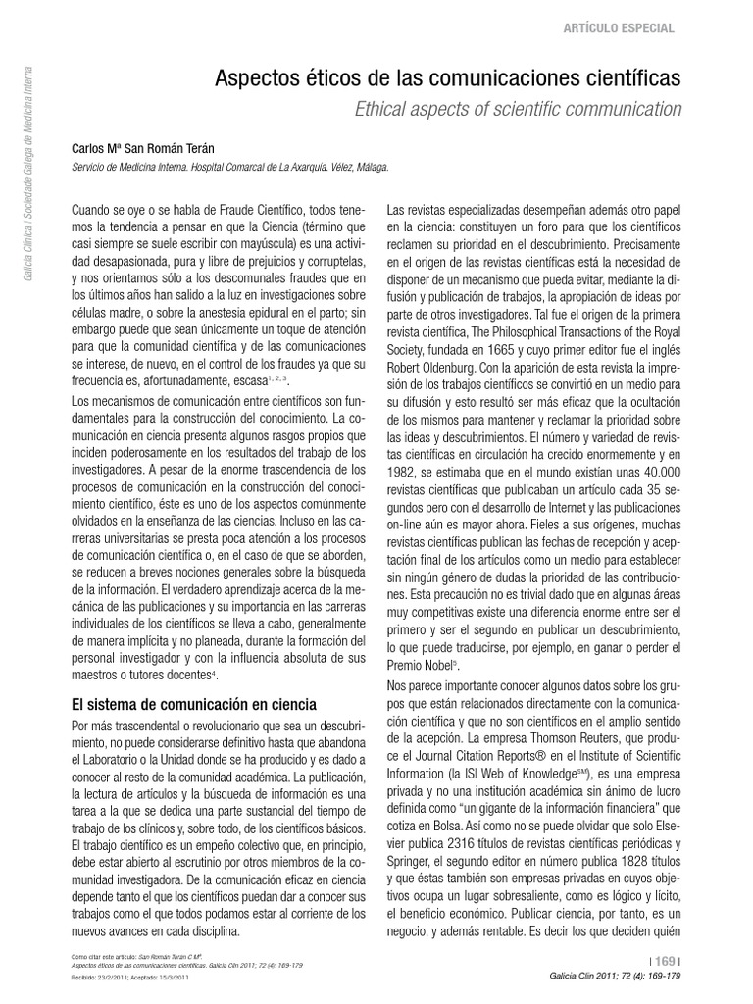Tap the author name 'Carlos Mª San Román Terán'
tap(143, 148)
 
